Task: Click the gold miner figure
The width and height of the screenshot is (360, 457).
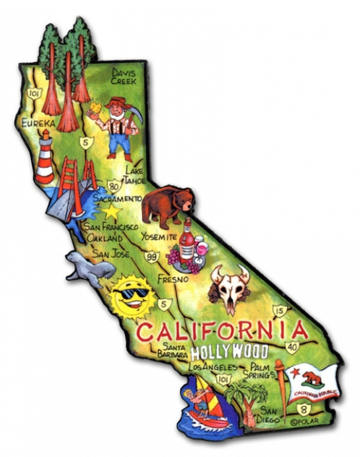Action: pyautogui.click(x=116, y=127)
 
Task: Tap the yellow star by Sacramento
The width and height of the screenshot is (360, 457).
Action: pyautogui.click(x=111, y=213)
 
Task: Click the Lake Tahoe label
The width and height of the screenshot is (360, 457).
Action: pyautogui.click(x=135, y=175)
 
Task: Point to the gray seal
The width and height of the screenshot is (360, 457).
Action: pyautogui.click(x=88, y=268)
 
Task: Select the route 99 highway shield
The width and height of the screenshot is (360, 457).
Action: pyautogui.click(x=153, y=255)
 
